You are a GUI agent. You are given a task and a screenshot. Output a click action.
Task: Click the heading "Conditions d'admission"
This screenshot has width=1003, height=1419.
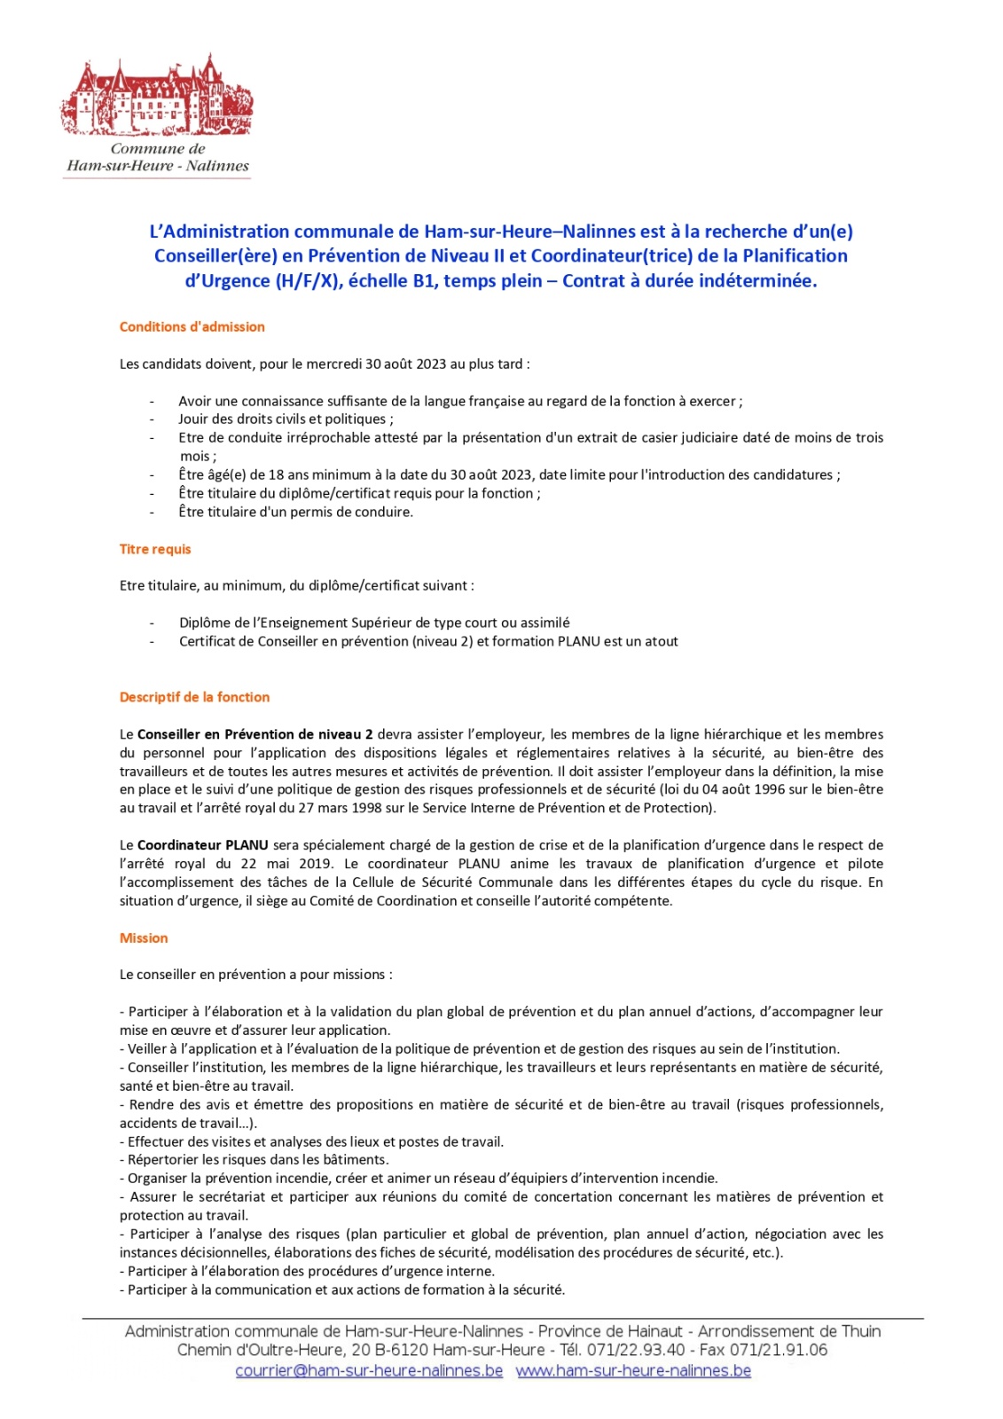(x=192, y=326)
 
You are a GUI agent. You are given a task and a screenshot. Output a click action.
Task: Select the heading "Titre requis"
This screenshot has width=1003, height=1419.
(x=155, y=549)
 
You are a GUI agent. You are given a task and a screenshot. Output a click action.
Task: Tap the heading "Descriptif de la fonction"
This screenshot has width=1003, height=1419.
(x=194, y=697)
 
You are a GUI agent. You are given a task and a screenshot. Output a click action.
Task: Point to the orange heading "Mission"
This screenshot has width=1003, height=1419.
(x=144, y=937)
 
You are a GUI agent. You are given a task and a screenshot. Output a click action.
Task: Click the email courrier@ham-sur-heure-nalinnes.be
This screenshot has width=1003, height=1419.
(x=369, y=1370)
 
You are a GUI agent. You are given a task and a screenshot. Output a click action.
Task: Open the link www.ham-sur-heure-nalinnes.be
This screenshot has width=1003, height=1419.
(x=633, y=1370)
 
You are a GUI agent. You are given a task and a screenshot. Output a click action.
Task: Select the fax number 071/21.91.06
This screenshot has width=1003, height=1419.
(x=779, y=1350)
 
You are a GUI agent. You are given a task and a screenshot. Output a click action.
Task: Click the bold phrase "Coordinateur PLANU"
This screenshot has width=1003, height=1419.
(x=203, y=845)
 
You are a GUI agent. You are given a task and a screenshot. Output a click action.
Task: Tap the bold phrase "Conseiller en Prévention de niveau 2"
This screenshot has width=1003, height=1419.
(x=255, y=734)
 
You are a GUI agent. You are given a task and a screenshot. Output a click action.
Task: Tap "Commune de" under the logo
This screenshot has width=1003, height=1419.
(x=158, y=149)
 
